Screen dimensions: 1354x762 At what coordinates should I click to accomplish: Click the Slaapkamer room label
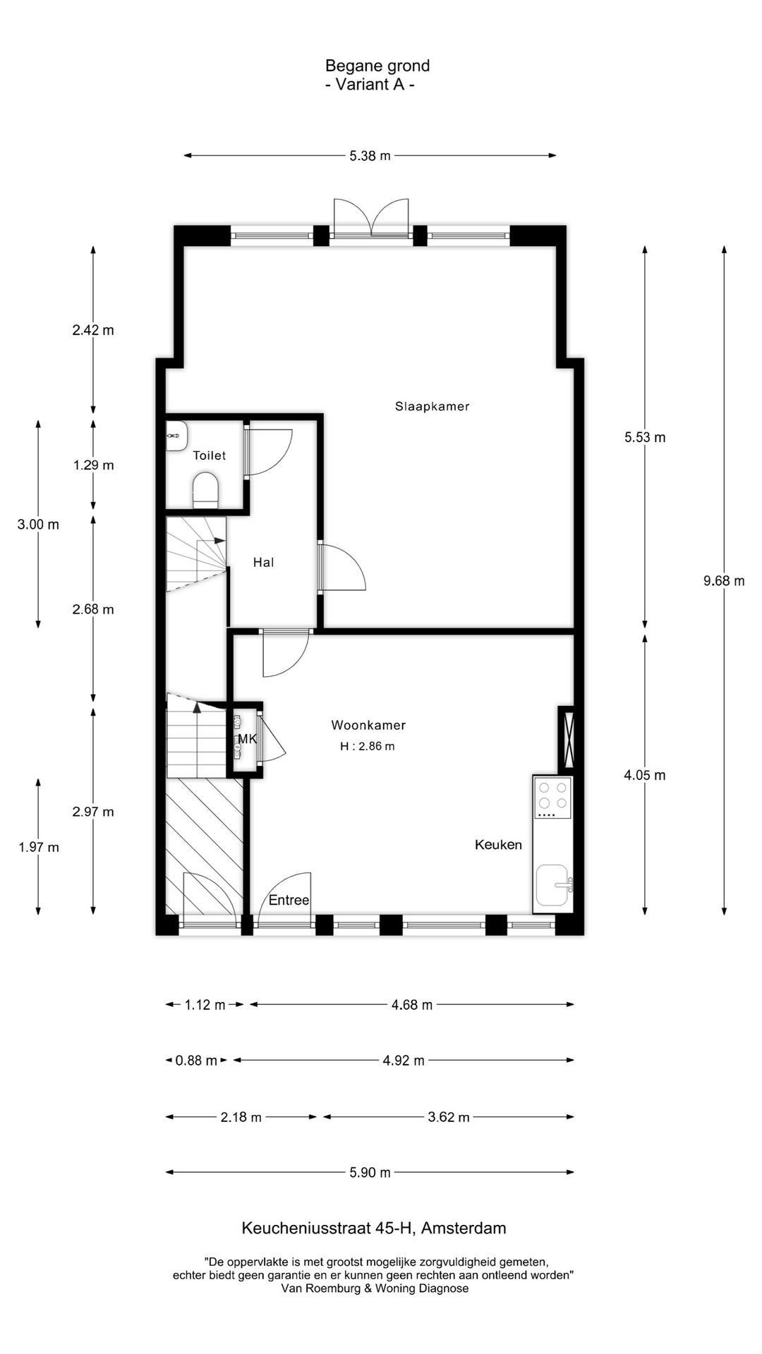pos(432,406)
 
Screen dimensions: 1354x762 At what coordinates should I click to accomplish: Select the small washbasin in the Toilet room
pos(176,436)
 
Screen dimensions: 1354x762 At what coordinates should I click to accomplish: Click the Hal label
pos(263,562)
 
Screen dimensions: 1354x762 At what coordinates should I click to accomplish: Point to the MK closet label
pos(247,739)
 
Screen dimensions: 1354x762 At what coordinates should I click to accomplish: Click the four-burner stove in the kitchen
pos(552,796)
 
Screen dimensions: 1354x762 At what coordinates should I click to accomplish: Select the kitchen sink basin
pos(552,885)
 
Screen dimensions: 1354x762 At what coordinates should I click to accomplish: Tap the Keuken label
pos(498,844)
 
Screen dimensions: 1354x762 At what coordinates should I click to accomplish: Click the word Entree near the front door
pos(289,900)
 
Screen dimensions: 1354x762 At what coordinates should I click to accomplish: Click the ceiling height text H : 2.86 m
pos(367,746)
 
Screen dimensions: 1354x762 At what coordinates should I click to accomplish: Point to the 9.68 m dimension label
pos(724,581)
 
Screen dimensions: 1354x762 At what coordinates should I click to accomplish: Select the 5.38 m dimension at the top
pos(370,156)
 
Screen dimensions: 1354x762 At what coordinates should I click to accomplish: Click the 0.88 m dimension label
pos(196,1061)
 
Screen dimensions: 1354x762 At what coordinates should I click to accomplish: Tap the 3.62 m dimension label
pos(449,1117)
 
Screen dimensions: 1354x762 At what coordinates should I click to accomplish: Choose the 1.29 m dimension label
pos(93,465)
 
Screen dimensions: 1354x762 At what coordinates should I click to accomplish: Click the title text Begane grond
pos(377,66)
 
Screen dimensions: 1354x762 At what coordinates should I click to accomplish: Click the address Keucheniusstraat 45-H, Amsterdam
pos(374,1228)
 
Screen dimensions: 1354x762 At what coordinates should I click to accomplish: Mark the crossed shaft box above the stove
pos(567,738)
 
